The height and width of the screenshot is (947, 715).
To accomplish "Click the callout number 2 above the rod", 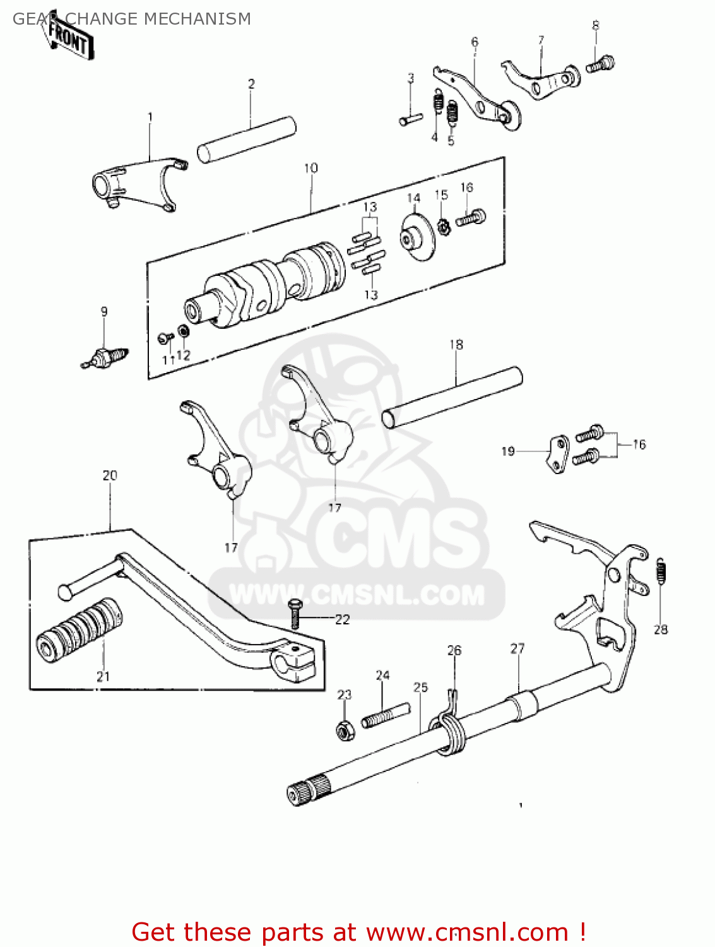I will click(x=251, y=84).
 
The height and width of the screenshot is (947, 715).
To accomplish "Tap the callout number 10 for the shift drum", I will click(x=310, y=169).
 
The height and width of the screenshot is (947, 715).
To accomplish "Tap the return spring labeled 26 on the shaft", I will click(x=452, y=731).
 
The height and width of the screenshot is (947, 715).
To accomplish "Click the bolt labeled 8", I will click(x=600, y=64).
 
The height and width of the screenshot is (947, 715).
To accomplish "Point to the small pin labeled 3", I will click(x=410, y=118).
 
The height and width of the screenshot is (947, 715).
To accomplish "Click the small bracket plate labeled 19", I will click(x=557, y=454).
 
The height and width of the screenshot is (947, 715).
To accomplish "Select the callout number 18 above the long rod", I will click(x=456, y=345).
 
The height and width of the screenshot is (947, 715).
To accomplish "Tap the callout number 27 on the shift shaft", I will click(x=517, y=648).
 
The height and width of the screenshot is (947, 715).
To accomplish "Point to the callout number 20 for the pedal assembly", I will click(x=110, y=475).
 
